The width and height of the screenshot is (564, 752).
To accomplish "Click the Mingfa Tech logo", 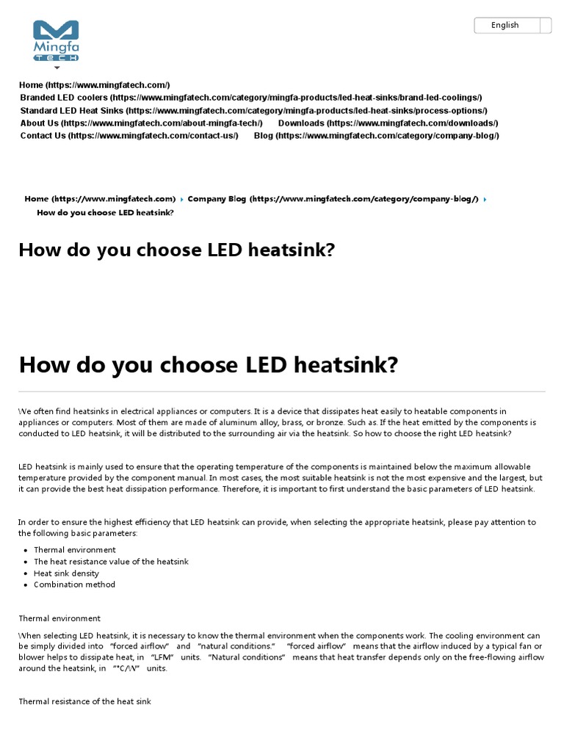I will point(56,40).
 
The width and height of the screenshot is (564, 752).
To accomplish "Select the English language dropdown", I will point(513,26).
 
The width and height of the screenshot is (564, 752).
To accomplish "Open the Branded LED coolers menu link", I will point(250,98).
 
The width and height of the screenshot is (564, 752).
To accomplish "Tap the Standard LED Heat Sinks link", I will point(253,110).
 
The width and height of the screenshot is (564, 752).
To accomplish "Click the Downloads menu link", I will point(388,123).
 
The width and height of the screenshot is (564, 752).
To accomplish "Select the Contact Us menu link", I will point(129,136).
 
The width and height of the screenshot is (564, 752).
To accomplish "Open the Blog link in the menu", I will point(376,136).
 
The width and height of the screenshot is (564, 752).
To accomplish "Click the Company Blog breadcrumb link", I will point(333,199).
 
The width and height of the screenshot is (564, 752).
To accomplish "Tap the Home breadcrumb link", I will point(100,199).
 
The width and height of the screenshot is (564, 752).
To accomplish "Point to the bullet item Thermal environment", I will point(74,550).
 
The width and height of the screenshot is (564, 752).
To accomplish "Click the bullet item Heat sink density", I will point(66,574).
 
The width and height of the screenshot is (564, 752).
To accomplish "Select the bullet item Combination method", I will point(74,585).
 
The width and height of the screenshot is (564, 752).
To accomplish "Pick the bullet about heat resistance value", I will point(111,562).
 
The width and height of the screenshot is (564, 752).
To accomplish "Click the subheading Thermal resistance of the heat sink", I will point(84,702).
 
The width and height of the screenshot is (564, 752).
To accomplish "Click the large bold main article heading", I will point(208,364).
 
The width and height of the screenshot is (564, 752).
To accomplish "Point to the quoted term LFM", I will point(162,657).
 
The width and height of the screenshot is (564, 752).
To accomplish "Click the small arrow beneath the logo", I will point(57,68).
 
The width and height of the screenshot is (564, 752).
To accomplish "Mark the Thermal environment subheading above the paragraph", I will point(59,618).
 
